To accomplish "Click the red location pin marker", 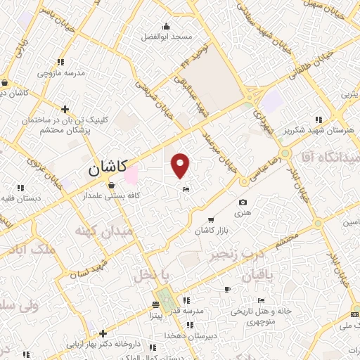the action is pyautogui.click(x=181, y=165).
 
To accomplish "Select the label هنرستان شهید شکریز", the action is pyautogui.click(x=320, y=130).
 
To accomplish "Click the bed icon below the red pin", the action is pyautogui.click(x=186, y=190).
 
